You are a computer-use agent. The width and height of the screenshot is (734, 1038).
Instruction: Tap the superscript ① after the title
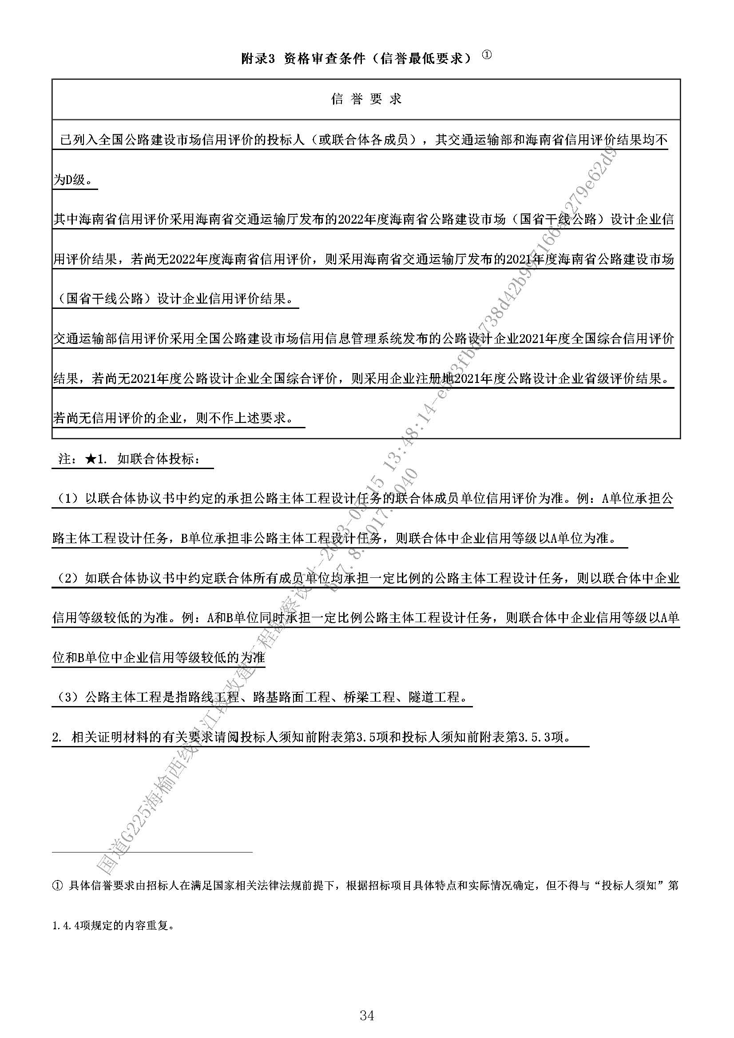[x=486, y=55]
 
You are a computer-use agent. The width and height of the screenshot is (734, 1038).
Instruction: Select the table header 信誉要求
[x=366, y=99]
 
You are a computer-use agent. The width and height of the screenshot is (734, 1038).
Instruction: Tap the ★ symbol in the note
[x=90, y=459]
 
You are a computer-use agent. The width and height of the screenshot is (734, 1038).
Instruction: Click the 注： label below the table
[x=68, y=459]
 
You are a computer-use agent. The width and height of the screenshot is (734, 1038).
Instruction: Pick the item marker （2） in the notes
[x=68, y=578]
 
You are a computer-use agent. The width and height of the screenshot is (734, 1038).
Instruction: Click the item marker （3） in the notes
[x=68, y=697]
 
